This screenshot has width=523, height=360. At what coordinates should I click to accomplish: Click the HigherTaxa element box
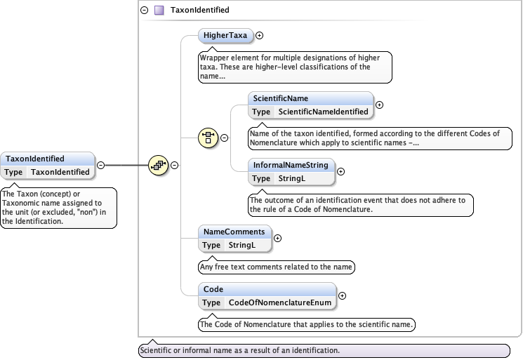[x=225, y=35]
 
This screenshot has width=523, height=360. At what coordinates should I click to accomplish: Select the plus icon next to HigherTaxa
[x=260, y=35]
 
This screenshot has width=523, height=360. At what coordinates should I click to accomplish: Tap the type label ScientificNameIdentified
[x=323, y=112]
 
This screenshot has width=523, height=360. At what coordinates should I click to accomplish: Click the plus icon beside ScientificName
[x=380, y=105]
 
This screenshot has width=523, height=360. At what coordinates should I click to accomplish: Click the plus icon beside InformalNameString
[x=343, y=172]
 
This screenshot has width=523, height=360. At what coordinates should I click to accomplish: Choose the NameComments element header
[x=234, y=232]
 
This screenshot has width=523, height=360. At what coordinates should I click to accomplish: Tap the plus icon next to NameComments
[x=277, y=238]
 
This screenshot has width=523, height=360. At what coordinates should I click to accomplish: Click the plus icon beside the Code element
[x=343, y=296]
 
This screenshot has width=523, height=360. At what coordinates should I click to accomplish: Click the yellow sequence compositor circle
[x=159, y=166]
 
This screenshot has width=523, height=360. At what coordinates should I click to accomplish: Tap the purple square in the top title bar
[x=160, y=11]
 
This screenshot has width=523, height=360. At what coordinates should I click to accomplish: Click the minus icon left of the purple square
[x=145, y=11]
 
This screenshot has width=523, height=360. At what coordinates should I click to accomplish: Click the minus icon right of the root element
[x=100, y=165]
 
